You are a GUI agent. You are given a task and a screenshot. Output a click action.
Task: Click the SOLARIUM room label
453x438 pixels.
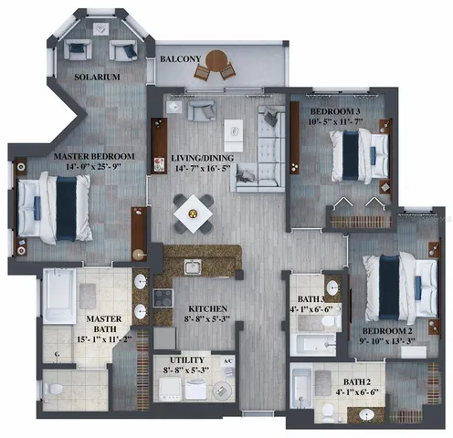tap(97, 78)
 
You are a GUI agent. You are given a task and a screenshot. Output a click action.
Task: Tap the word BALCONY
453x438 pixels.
tap(181, 59)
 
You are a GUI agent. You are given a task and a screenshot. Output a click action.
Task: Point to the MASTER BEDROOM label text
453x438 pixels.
tap(94, 157)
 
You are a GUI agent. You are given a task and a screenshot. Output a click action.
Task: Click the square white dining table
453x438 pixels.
tap(194, 212)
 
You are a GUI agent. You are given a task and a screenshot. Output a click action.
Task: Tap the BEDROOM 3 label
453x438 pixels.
tap(333, 89)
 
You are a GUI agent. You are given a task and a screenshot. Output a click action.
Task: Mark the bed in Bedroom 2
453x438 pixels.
tap(400, 277)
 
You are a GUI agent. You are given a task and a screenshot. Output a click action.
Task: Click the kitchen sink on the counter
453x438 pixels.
tap(192, 266)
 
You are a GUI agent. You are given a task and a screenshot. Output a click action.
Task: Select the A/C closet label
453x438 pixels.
tap(228, 360)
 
